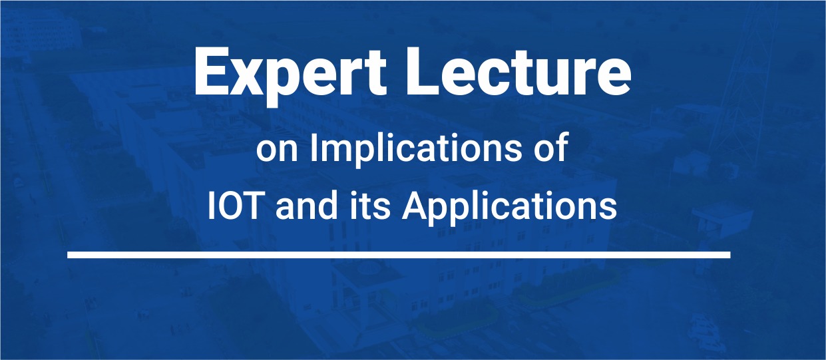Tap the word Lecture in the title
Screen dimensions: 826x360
click(518, 71)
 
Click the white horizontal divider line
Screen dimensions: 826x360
click(399, 255)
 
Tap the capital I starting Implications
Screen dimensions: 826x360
click(313, 147)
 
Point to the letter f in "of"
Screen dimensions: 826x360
click(560, 147)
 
